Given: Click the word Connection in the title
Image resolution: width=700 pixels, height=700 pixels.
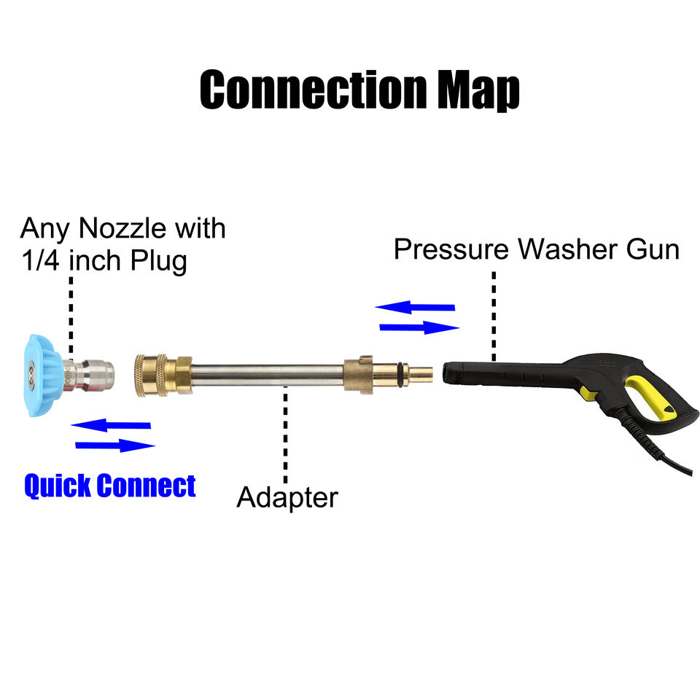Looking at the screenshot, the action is (x=314, y=89).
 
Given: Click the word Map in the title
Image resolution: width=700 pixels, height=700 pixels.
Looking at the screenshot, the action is (x=478, y=90).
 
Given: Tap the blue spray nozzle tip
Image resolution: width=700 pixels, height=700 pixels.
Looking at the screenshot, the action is (x=42, y=376).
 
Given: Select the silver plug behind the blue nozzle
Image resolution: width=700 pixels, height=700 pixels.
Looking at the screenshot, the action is (x=88, y=375).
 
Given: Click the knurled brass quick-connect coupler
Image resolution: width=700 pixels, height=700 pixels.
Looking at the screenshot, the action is (x=151, y=376).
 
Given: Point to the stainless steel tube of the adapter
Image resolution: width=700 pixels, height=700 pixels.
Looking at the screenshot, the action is (x=268, y=375).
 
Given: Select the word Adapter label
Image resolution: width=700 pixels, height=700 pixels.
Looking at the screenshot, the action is (x=287, y=497).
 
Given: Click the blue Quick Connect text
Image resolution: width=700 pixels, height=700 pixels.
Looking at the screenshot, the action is (x=110, y=486).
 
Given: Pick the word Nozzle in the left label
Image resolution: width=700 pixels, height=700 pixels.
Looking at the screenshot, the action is (x=122, y=228).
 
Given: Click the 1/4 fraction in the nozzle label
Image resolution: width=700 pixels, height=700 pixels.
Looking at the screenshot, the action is (x=40, y=260).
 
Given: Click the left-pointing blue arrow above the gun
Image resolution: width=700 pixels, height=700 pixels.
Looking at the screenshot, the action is (x=415, y=307).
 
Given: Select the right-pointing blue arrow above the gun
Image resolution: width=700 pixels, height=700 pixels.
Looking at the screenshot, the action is (x=419, y=327).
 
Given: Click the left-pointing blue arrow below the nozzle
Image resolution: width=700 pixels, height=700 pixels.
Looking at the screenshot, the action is (x=111, y=425).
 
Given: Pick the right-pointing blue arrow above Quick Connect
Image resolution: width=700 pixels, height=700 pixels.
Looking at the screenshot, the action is (x=115, y=445).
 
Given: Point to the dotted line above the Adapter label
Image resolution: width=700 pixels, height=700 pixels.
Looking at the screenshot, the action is (x=285, y=434).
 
